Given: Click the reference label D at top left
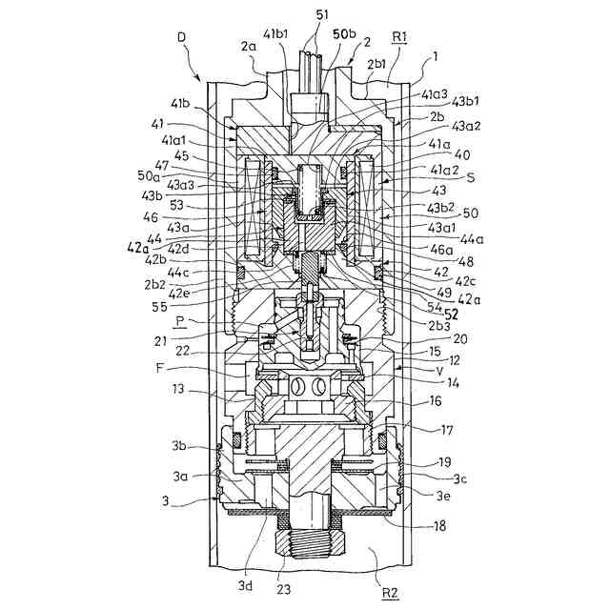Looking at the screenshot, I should (181, 37).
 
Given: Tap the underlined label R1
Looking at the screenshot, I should (401, 37).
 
